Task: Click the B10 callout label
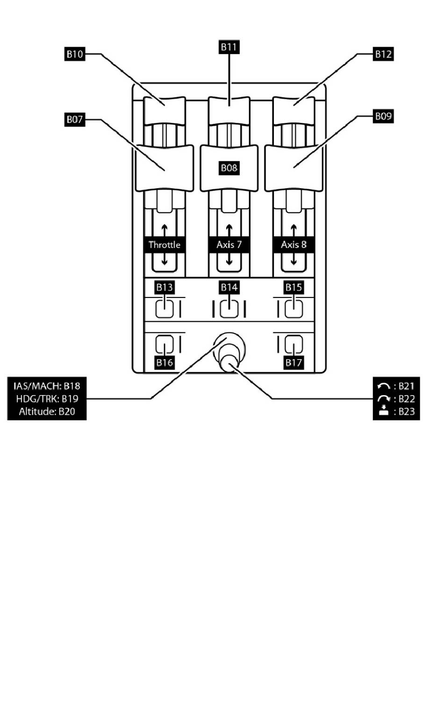74,54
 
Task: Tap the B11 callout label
229,47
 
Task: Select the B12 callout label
383,54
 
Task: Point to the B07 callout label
74,119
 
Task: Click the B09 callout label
383,116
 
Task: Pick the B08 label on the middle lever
229,168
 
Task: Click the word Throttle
164,245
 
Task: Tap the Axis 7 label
229,245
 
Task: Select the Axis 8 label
294,245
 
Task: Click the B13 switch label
164,287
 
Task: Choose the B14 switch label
229,287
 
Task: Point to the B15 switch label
294,287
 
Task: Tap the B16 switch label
164,362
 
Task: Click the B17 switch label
294,362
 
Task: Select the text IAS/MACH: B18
47,386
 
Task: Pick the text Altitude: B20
47,411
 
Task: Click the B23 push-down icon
384,411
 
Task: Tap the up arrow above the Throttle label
164,230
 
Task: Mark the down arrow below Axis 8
294,260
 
